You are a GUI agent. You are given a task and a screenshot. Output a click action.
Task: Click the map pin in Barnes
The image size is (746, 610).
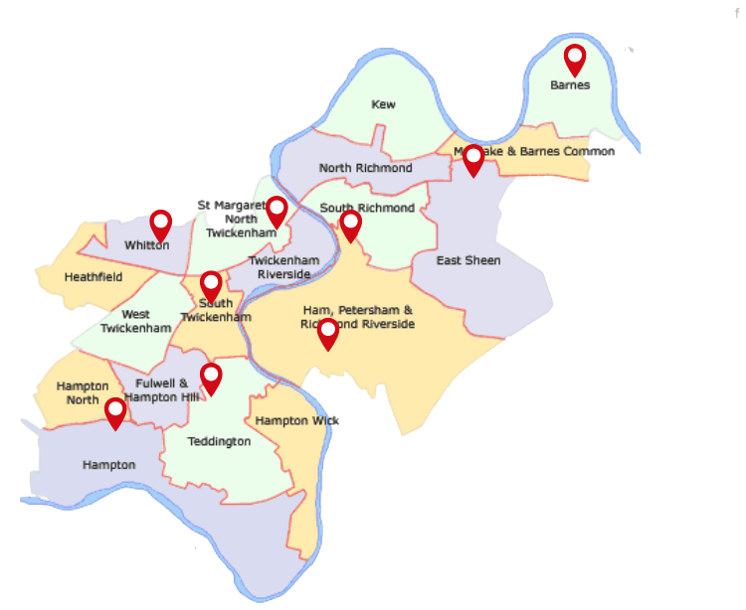coord(574,59)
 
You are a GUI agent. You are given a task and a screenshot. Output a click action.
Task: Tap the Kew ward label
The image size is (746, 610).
coord(383,104)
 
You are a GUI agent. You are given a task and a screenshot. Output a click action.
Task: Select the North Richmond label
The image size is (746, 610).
coord(365,168)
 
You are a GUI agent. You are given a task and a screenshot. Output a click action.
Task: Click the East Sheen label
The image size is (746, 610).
coord(468,260)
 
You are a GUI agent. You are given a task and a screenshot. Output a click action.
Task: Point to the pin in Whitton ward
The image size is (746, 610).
coord(160,225)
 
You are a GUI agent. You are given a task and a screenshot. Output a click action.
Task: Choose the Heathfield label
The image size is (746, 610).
coord(93,277)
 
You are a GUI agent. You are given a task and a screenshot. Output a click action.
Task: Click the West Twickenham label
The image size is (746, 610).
coord(128,321)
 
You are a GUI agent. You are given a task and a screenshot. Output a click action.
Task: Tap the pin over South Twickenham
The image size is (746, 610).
coord(211,286)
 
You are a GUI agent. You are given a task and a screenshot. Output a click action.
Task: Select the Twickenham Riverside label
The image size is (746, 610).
coord(283,266)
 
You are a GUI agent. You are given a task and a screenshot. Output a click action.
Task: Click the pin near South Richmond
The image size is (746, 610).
coord(350,226)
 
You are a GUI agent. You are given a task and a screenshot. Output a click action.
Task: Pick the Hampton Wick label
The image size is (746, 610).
coord(296,420)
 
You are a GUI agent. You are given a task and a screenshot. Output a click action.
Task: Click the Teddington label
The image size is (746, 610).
coord(219,441)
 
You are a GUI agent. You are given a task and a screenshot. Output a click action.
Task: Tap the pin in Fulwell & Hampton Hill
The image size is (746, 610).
coord(211,378)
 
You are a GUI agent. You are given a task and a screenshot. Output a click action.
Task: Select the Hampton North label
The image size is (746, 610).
coord(83,392)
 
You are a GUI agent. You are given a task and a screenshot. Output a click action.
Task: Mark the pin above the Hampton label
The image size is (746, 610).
coord(116,412)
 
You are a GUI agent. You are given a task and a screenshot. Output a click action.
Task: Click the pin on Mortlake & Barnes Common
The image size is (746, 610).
coord(473,159)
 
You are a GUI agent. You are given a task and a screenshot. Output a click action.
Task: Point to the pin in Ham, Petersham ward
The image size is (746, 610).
coord(327,334)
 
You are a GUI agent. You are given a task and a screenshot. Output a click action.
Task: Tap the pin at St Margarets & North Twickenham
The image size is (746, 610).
coord(277,211)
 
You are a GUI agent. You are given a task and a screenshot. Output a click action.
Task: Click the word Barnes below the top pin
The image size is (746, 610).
coord(570,85)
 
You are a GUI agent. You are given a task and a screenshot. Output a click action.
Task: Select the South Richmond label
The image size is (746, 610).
coord(367,208)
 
